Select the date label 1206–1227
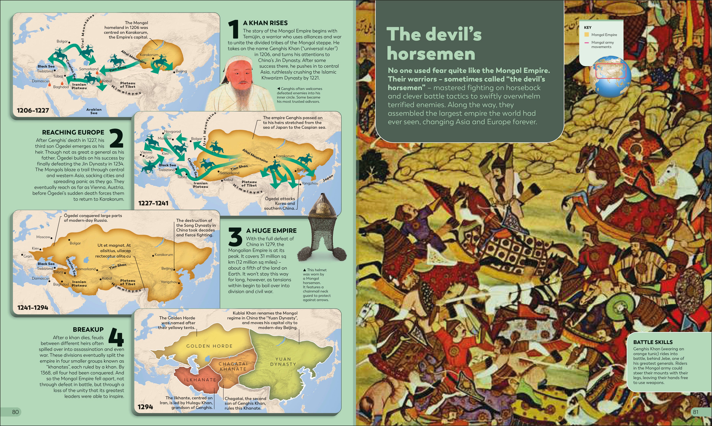click(33, 110)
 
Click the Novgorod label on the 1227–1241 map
click(172, 131)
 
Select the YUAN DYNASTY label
click(283, 362)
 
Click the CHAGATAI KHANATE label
click(233, 366)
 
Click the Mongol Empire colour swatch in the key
click(586, 35)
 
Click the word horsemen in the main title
click(431, 54)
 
